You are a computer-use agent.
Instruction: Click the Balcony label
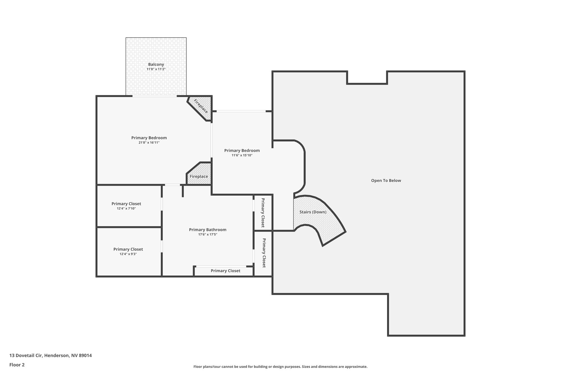[156, 64]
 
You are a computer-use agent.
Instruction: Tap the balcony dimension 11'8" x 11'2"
[156, 69]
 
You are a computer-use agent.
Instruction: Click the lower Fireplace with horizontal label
[199, 176]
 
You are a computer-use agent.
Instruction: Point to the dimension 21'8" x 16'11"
[149, 143]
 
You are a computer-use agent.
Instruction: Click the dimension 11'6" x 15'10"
[242, 155]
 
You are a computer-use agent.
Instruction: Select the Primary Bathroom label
[208, 230]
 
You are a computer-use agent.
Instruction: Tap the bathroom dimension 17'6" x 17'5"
[208, 235]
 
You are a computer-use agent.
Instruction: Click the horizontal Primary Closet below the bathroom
[225, 271]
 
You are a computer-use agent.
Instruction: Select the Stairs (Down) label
[313, 212]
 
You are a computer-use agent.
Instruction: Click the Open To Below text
[386, 181]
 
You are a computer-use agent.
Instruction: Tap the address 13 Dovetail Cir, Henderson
[51, 355]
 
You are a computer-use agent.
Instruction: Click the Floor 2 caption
[17, 365]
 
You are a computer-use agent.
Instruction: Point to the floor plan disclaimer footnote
[280, 367]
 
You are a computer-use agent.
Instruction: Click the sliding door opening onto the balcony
[155, 96]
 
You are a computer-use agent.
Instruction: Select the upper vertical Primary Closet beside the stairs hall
[263, 213]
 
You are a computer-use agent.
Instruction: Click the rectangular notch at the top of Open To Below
[367, 77]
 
